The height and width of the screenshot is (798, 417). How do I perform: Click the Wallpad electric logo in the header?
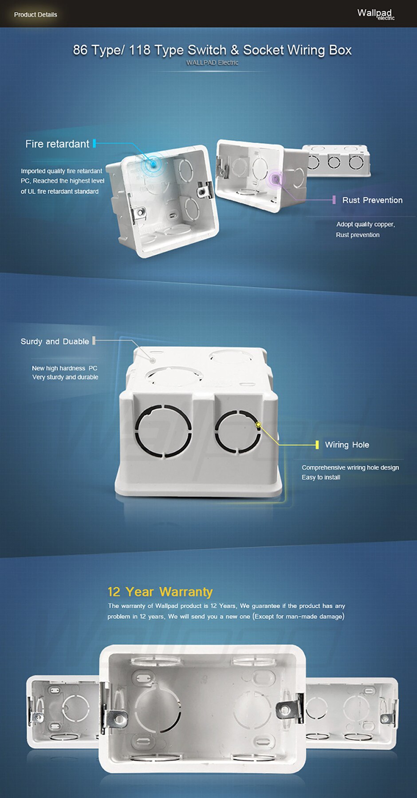click(376, 14)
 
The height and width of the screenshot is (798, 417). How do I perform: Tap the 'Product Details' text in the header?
click(35, 15)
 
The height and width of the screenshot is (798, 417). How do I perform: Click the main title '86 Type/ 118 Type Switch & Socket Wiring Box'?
click(212, 50)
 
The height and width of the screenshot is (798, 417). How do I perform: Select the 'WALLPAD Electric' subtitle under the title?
click(212, 62)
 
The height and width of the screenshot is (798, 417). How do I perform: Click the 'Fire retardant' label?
click(57, 144)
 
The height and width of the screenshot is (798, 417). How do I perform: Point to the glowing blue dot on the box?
click(153, 164)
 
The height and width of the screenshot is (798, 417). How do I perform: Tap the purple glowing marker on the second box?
click(275, 179)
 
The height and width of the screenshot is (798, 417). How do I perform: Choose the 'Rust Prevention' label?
click(372, 200)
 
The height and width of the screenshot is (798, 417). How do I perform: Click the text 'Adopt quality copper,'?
click(366, 224)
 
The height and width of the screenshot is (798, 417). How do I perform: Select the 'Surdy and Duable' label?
click(55, 342)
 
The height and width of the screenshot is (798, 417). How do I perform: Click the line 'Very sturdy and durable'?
click(65, 377)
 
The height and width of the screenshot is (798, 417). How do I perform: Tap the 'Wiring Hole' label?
click(347, 445)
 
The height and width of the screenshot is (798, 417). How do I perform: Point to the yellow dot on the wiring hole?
click(259, 424)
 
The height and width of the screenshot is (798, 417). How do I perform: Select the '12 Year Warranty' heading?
click(160, 592)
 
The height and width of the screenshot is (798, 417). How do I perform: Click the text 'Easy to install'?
click(321, 477)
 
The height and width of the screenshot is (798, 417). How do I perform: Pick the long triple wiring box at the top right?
click(336, 160)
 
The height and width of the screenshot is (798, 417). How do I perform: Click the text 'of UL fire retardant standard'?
click(59, 191)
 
